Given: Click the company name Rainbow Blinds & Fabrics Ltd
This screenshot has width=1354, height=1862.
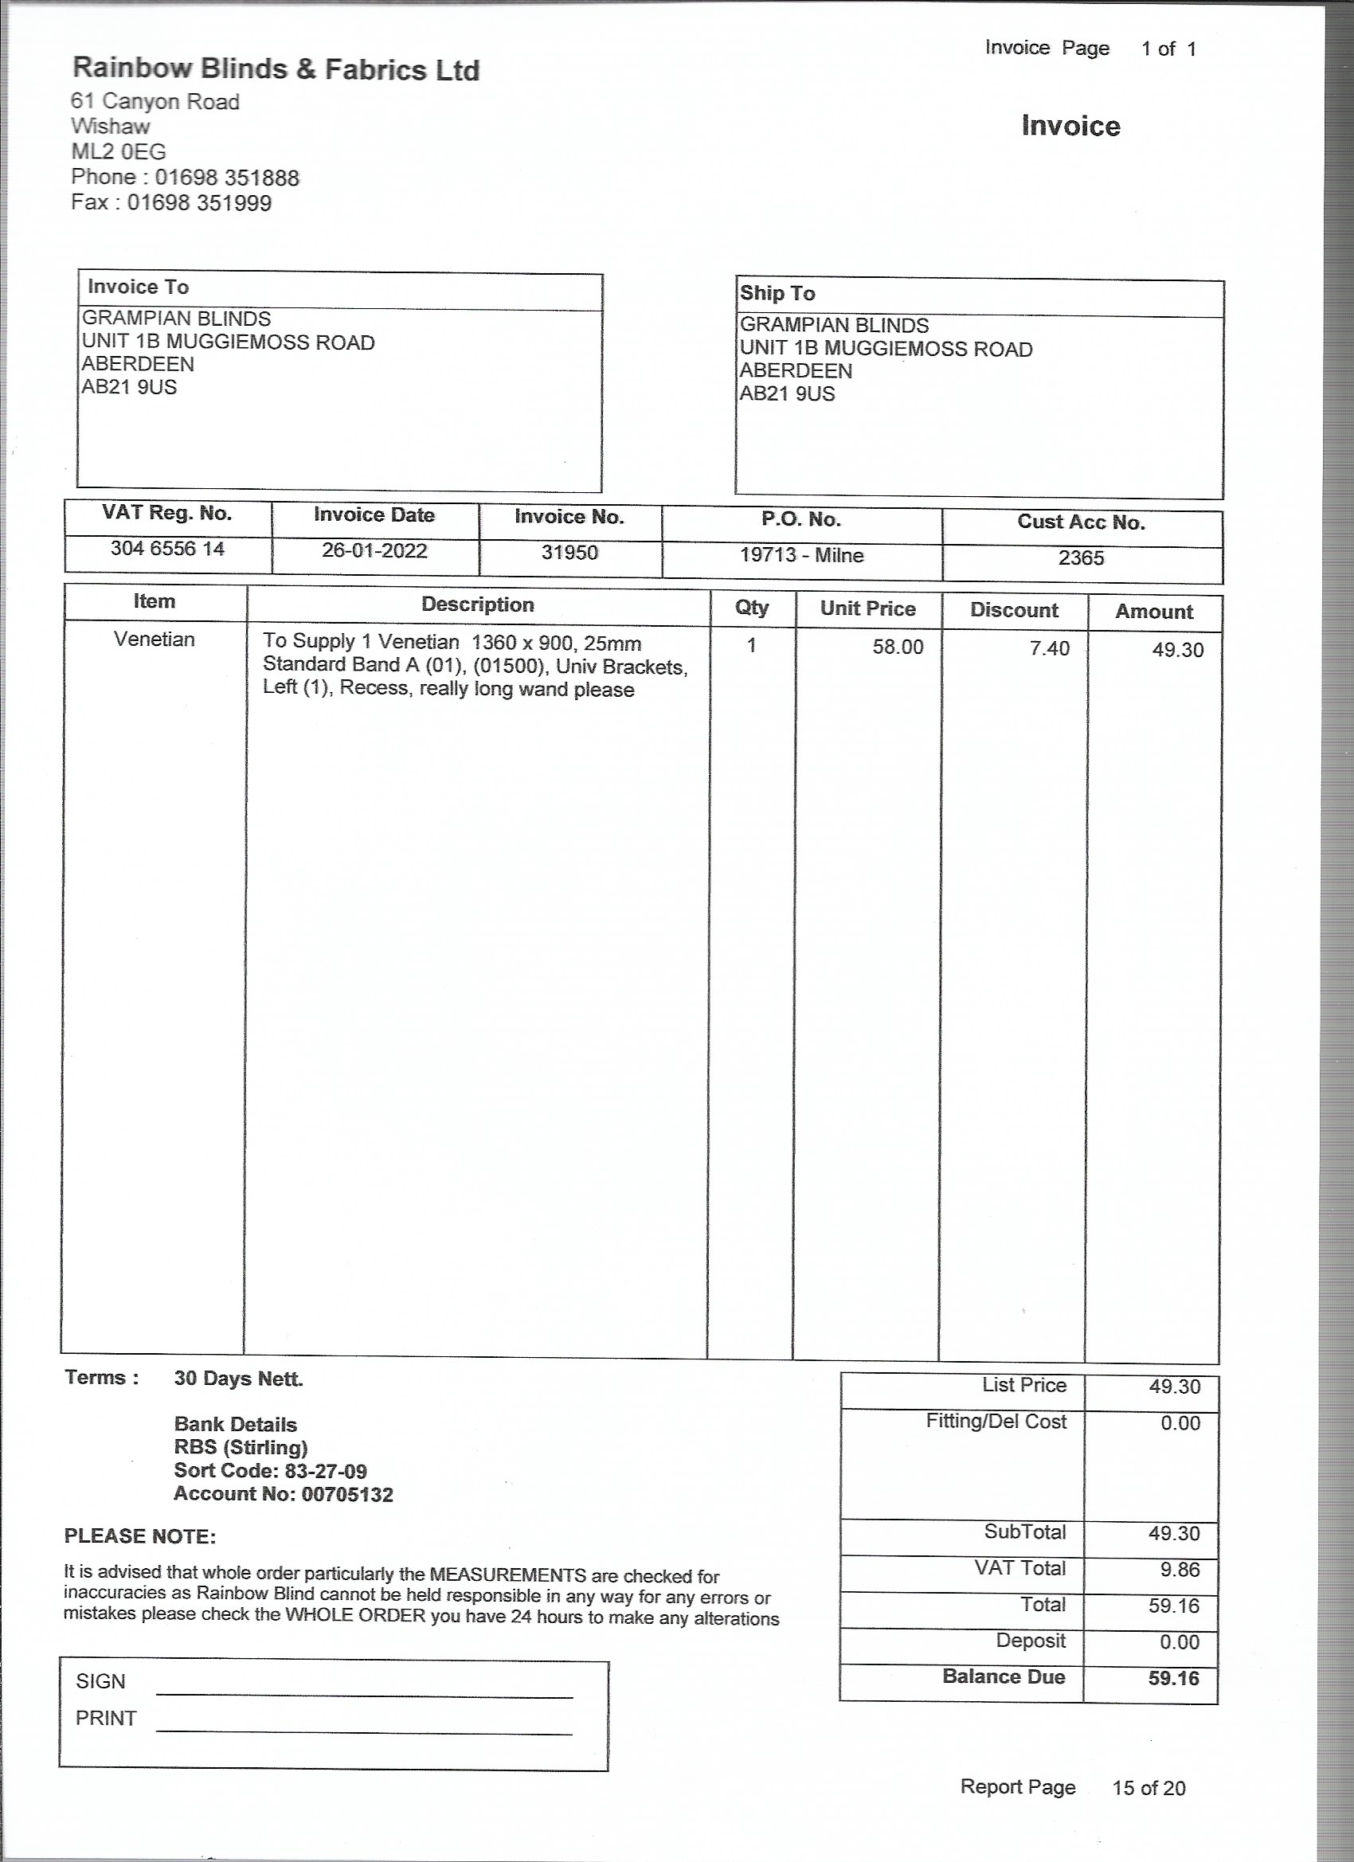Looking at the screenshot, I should (x=276, y=69).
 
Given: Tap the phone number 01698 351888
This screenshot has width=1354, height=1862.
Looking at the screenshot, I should (x=227, y=178).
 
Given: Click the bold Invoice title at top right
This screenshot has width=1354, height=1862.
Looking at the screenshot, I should (x=1070, y=126).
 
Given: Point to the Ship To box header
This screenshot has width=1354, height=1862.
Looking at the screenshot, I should (x=777, y=293).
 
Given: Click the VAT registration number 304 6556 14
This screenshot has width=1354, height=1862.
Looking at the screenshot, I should (x=167, y=549).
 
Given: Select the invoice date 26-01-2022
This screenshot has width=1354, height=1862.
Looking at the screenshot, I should (x=374, y=550).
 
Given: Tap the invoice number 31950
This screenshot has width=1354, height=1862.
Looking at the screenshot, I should (x=569, y=553).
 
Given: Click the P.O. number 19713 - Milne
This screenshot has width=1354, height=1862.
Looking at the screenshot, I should (x=801, y=555).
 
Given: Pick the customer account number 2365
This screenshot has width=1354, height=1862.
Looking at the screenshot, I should (x=1081, y=558).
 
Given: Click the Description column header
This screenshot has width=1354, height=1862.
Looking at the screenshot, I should (x=478, y=605).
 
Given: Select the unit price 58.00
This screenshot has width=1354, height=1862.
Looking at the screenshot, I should (x=898, y=647).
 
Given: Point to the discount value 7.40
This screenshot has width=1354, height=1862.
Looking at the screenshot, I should (x=1050, y=648).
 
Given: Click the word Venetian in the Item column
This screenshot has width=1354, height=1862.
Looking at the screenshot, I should (x=155, y=640).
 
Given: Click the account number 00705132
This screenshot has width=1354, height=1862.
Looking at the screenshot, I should (x=347, y=1494).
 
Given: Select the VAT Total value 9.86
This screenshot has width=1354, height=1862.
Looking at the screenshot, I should (x=1180, y=1570).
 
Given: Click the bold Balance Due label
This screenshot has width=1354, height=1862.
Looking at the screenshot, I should (x=1004, y=1676).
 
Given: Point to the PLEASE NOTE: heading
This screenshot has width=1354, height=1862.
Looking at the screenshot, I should (x=140, y=1536).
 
